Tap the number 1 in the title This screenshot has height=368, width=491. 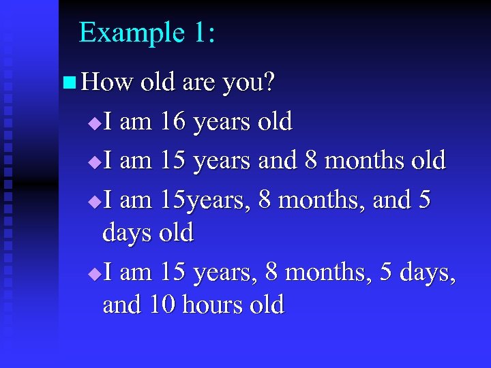(200, 33)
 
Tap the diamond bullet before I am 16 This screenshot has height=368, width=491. (94, 123)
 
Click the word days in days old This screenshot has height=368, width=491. (127, 233)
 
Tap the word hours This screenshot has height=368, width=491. (215, 304)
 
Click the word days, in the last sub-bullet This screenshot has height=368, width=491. (428, 273)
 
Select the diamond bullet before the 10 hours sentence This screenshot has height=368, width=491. (94, 274)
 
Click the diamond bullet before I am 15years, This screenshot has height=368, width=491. (94, 202)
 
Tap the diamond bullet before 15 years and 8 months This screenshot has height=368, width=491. (94, 162)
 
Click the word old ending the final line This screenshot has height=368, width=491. (267, 304)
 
